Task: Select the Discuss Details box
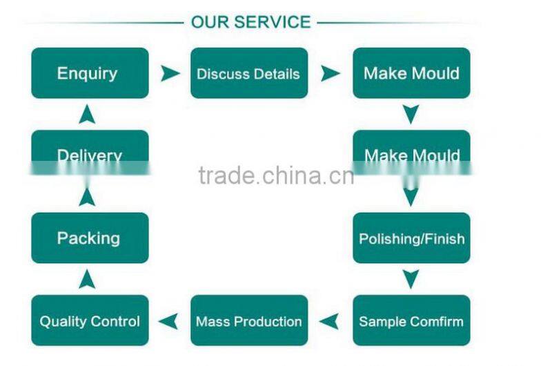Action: [248, 73]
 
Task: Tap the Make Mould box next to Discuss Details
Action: [411, 73]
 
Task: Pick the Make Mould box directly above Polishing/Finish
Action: [411, 153]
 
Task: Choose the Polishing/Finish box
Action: [411, 238]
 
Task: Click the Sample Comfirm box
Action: [411, 320]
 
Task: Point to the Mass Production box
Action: [248, 320]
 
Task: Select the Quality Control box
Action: [90, 320]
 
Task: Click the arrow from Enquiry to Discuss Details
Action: [170, 73]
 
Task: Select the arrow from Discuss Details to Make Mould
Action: [331, 73]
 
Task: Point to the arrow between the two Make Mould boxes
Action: [411, 114]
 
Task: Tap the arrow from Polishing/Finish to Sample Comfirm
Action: [411, 279]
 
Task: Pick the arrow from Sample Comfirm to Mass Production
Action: [329, 320]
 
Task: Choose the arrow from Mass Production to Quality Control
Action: [168, 320]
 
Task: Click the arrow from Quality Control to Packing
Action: [87, 279]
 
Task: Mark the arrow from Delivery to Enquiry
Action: [87, 114]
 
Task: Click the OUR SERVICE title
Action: [250, 22]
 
